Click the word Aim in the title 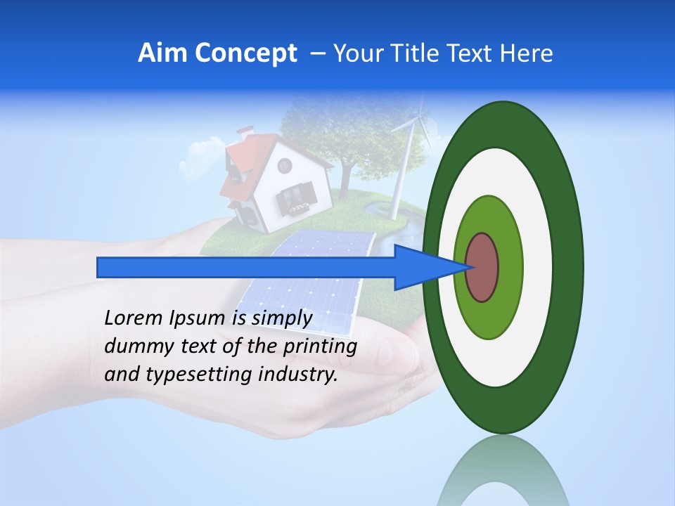(163, 53)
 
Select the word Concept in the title (245, 54)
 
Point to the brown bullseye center (482, 268)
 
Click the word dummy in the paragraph (135, 346)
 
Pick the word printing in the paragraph (320, 346)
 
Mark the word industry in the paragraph (297, 375)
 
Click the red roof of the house (239, 165)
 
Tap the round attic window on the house (284, 166)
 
